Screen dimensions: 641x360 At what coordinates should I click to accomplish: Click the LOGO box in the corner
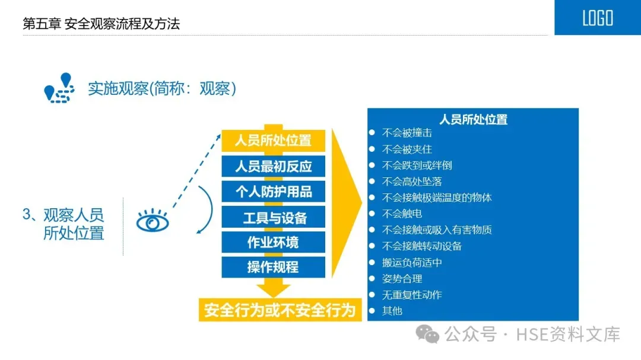[597, 18]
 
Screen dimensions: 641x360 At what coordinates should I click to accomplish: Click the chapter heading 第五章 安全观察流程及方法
[101, 24]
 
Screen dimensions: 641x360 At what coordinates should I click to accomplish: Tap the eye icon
[153, 222]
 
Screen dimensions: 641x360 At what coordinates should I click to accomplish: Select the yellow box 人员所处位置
[273, 141]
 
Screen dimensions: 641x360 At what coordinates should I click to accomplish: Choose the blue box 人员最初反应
[273, 166]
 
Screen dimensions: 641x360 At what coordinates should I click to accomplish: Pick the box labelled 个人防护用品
[273, 192]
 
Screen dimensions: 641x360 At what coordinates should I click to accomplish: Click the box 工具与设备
[273, 217]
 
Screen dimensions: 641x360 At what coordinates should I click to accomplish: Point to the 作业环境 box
[273, 242]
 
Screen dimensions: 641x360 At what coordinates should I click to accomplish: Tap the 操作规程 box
[273, 267]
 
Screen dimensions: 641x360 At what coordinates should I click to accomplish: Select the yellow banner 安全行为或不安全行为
[280, 310]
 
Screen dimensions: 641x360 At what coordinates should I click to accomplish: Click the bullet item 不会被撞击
[407, 133]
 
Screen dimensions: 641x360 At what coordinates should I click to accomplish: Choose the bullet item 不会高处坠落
[412, 181]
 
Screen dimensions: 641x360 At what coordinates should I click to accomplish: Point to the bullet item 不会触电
[402, 214]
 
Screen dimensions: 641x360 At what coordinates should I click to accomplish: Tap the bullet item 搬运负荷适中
[412, 262]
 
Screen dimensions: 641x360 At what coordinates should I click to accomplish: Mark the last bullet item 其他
[392, 310]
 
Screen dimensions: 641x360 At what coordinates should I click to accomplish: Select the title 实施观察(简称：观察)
[162, 89]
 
